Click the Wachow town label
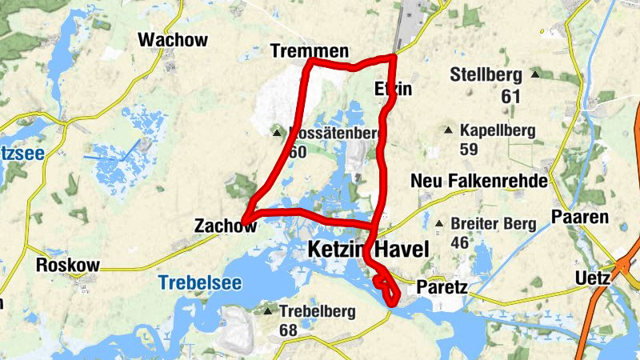pyautogui.click(x=173, y=40)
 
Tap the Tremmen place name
pyautogui.click(x=310, y=52)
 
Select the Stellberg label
pyautogui.click(x=486, y=76)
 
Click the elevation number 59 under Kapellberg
pyautogui.click(x=469, y=149)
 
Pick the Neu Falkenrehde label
pyautogui.click(x=478, y=182)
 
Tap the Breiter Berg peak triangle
pyautogui.click(x=439, y=224)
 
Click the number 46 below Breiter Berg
pyautogui.click(x=460, y=242)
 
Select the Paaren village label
pyautogui.click(x=580, y=217)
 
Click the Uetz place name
pyautogui.click(x=592, y=279)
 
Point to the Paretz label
pyautogui.click(x=442, y=286)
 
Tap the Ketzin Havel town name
pyautogui.click(x=368, y=250)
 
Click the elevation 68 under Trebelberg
pyautogui.click(x=288, y=330)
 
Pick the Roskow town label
pyautogui.click(x=69, y=266)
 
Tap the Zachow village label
pyautogui.click(x=225, y=227)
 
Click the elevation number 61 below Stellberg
pyautogui.click(x=511, y=97)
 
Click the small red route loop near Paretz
pyautogui.click(x=386, y=288)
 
